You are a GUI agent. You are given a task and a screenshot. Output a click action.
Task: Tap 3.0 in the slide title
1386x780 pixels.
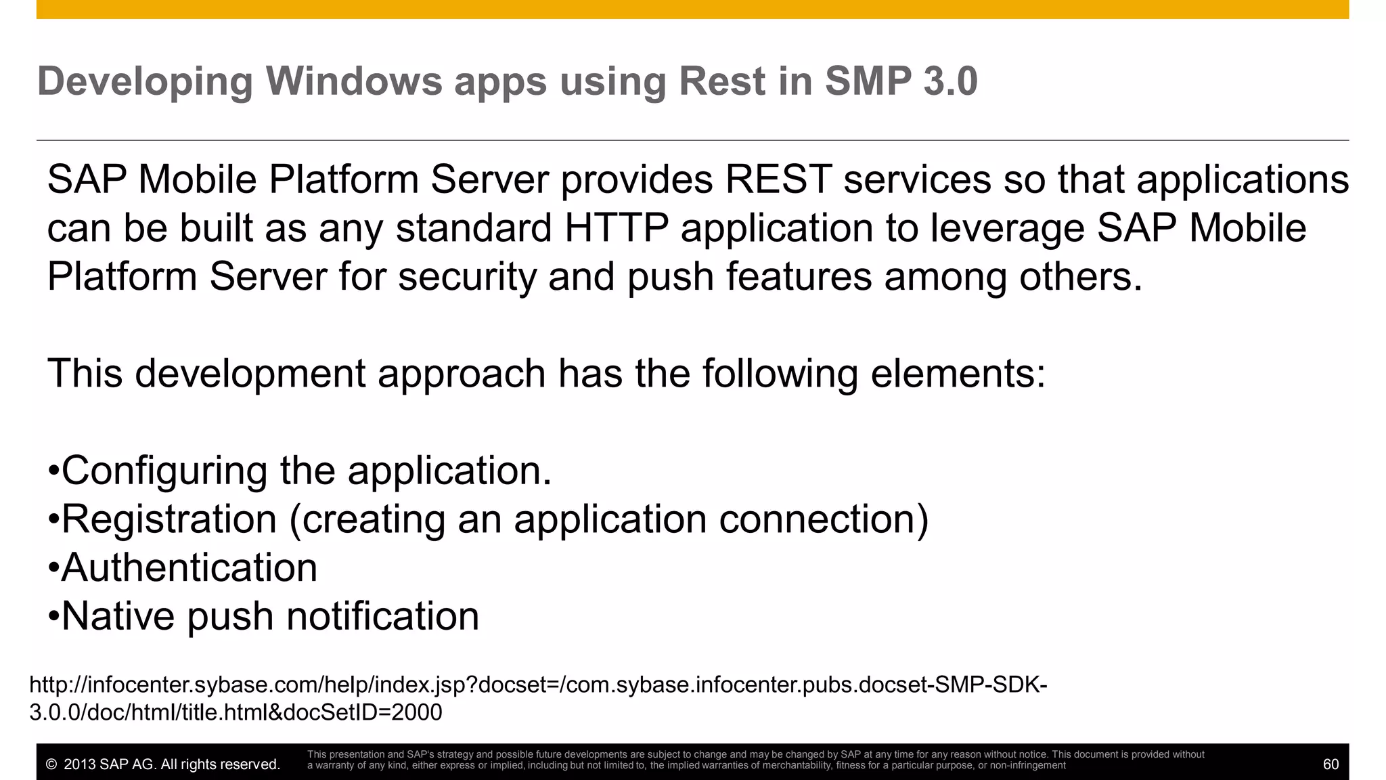tap(950, 81)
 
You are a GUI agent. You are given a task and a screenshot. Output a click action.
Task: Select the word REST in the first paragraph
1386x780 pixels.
tap(778, 180)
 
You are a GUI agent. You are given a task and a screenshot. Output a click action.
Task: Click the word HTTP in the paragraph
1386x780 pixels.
tap(617, 228)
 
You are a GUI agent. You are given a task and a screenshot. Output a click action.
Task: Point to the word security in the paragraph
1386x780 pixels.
tap(466, 277)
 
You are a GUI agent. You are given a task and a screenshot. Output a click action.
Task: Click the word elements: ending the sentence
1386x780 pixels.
tap(958, 374)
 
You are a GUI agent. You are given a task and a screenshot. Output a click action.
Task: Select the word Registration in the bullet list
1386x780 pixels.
tap(169, 519)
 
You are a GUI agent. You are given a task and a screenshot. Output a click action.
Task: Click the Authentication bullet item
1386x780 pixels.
tap(189, 568)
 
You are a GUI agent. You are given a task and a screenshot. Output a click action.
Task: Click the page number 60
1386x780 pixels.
tap(1331, 764)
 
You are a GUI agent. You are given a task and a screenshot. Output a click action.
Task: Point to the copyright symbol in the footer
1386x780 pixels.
tap(51, 765)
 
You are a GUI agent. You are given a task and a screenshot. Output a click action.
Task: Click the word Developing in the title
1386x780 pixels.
tap(145, 83)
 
